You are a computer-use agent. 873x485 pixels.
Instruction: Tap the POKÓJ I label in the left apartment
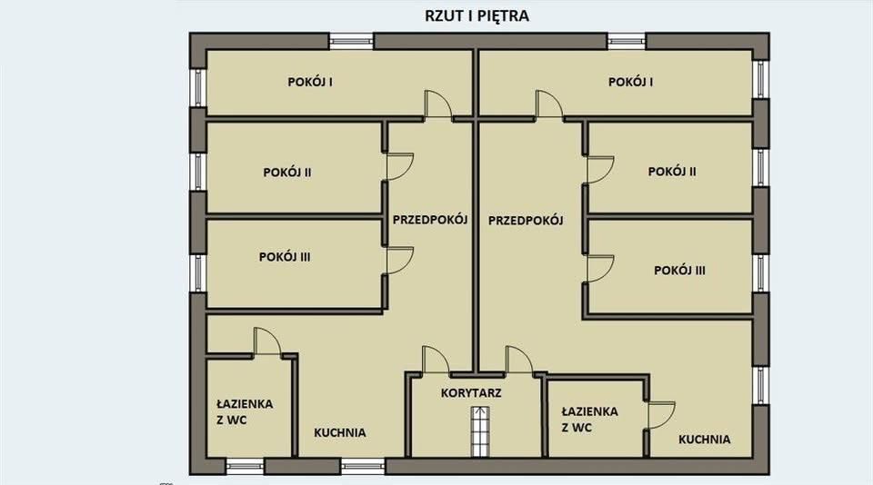tap(309, 82)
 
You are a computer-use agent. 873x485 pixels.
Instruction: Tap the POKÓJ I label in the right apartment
tap(631, 82)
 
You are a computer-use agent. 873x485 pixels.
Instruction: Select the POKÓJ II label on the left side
tap(287, 171)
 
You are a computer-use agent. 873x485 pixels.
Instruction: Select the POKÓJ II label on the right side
tap(672, 171)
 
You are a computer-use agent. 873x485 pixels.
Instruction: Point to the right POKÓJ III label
tap(680, 270)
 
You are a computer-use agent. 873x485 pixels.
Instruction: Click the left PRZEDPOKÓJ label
tap(429, 219)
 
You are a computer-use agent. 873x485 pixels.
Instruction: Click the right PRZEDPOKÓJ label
tap(526, 220)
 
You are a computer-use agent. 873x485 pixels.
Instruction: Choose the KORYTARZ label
tap(472, 393)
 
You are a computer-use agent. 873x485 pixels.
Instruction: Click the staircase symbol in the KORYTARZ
tap(479, 432)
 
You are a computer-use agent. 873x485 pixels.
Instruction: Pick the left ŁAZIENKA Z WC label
tap(245, 411)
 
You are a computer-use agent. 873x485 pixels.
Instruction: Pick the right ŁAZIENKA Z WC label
tap(589, 419)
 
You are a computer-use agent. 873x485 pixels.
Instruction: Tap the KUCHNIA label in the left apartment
tap(340, 432)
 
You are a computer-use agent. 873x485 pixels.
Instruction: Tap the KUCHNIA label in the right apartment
tap(704, 439)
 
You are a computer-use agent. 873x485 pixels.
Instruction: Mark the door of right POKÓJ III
tap(599, 270)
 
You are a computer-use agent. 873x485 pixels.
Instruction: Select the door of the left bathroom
tap(268, 341)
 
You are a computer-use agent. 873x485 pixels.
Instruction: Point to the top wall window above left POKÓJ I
tap(351, 41)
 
